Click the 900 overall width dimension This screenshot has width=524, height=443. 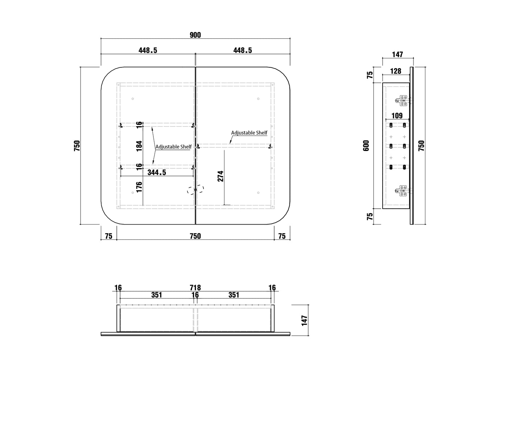pos(195,35)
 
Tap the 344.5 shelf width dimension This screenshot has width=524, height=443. pos(157,172)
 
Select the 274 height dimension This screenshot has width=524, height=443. pos(220,176)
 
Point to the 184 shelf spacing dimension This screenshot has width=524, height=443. pos(139,146)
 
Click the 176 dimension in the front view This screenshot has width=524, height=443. pos(139,187)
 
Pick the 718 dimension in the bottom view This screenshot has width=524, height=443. pos(195,288)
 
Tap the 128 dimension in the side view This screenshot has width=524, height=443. pos(396,71)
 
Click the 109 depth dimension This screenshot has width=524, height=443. pos(397,116)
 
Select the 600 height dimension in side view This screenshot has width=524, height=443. pos(366,146)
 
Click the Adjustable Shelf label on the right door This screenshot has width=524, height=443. pos(249,133)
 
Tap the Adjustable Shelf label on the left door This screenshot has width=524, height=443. pos(173,147)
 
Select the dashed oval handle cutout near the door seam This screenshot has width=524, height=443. pos(195,189)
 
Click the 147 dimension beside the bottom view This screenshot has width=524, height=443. pos(305,321)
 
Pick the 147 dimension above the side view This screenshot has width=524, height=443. pos(397,54)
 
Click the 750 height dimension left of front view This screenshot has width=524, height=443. pos(77,146)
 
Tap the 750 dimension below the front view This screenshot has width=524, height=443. pos(195,236)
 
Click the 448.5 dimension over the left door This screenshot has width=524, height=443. pos(148,50)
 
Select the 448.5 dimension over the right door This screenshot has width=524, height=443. pos(243,50)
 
